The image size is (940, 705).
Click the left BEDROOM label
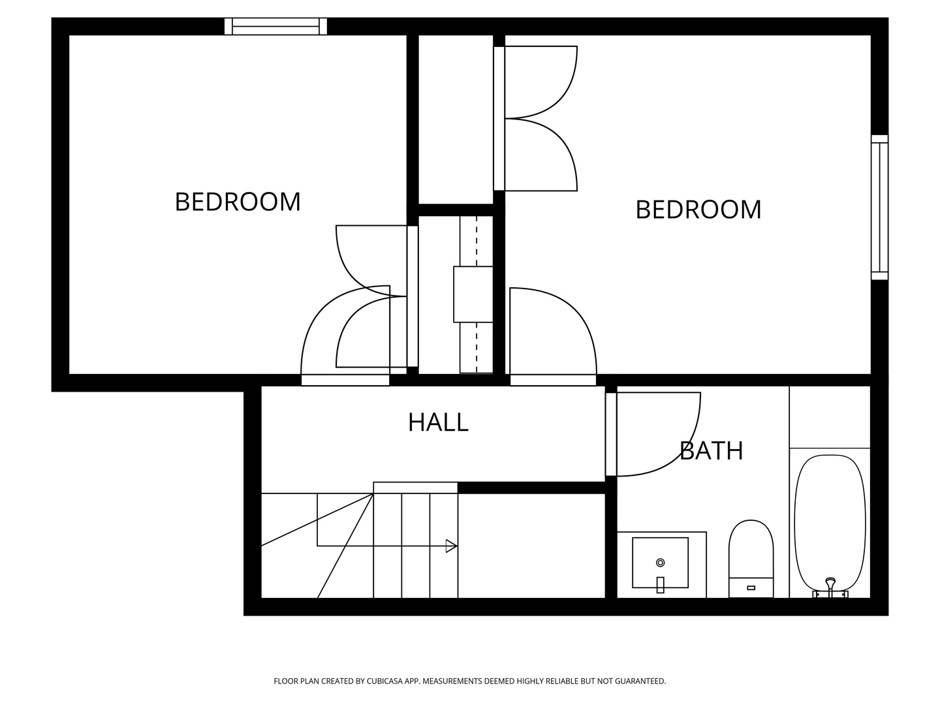238,202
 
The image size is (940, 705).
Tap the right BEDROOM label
698,210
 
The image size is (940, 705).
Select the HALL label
438,422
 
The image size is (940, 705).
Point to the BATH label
711,451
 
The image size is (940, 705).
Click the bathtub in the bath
830,516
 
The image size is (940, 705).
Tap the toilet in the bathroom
751,552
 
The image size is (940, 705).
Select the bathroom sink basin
660,562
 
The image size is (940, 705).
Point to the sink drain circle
660,562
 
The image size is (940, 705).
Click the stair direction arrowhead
451,546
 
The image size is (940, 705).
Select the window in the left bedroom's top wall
275,26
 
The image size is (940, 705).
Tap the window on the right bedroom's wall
879,207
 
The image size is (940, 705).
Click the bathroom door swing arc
679,450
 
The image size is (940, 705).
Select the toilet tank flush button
751,587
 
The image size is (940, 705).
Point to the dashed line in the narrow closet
477,346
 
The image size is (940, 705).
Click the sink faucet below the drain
660,584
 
